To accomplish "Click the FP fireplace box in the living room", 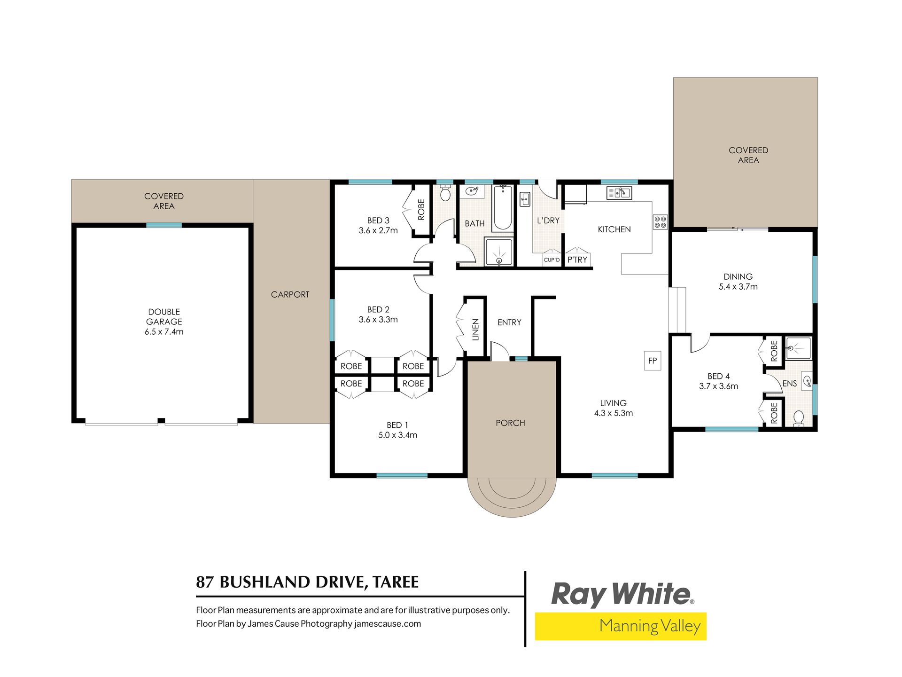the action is pos(653,361).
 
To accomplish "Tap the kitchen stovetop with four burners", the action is pos(660,222).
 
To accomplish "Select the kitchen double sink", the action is pos(619,193).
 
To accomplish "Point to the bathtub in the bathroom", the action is pos(503,208).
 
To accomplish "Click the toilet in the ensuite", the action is pos(798,418).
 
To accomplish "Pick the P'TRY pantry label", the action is pos(577,260).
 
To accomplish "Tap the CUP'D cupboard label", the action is pos(552,260).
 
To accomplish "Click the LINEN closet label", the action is pos(475,329).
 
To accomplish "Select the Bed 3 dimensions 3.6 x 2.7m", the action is pos(378,230).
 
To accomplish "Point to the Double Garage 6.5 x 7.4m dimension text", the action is pos(164,331).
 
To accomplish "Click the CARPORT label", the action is pos(290,294).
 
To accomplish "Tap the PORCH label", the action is pos(510,423).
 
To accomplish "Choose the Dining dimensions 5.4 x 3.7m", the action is pos(738,286).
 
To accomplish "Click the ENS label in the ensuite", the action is pos(790,384).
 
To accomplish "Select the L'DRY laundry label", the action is pos(548,220).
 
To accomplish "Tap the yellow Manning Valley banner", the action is pos(621,626).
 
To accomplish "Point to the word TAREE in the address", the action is pos(396,582).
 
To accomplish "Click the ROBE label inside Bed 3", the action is pos(421,210).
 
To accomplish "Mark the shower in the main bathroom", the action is pos(499,252).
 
